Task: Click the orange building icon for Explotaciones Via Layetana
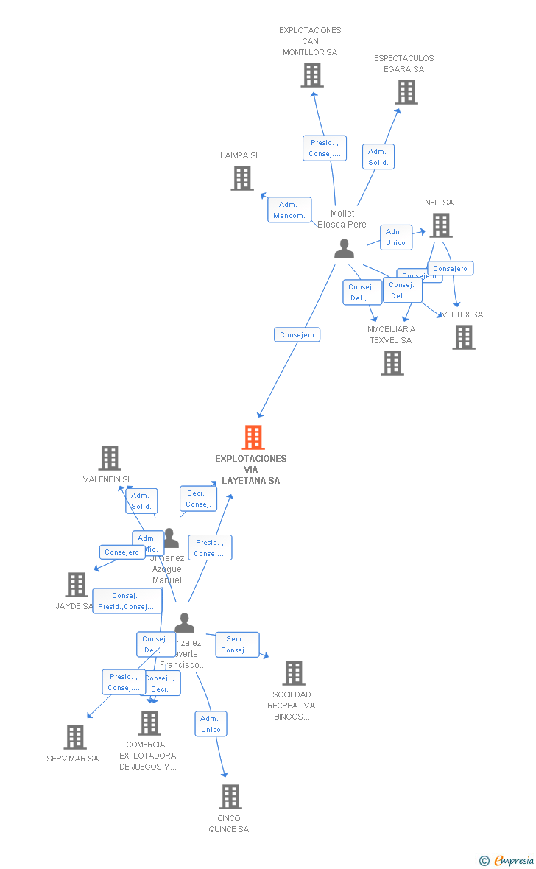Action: point(253,437)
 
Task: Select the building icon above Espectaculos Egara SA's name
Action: point(406,92)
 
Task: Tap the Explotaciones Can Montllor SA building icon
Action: point(312,75)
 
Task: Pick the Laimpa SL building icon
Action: point(242,178)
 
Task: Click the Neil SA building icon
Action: point(441,225)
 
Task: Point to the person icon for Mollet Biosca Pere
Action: point(344,249)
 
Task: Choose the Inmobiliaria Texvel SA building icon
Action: point(392,362)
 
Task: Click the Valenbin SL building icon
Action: point(110,458)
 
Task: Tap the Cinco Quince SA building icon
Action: point(230,796)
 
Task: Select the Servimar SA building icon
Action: point(75,736)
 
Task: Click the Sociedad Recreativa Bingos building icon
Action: point(294,672)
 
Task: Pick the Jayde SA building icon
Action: point(77,585)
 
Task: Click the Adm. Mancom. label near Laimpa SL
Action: point(289,210)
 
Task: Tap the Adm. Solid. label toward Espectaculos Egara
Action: point(378,157)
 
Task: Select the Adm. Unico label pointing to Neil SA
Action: point(395,237)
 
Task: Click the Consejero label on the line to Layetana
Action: point(297,334)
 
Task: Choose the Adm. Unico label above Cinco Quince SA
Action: point(211,724)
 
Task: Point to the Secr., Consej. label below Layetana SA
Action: point(198,499)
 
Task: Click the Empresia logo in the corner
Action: point(507,860)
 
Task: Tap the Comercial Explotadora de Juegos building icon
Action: point(149,722)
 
